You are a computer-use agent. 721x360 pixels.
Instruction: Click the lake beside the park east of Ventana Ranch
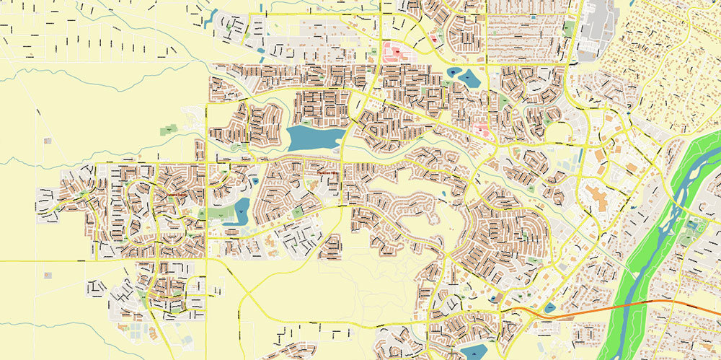pyautogui.click(x=239, y=211)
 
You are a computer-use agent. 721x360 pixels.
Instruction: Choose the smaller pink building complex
pyautogui.click(x=482, y=131)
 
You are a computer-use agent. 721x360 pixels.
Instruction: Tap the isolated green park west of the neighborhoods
pyautogui.click(x=170, y=130)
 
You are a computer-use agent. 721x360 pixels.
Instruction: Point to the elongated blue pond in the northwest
pyautogui.click(x=211, y=19)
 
